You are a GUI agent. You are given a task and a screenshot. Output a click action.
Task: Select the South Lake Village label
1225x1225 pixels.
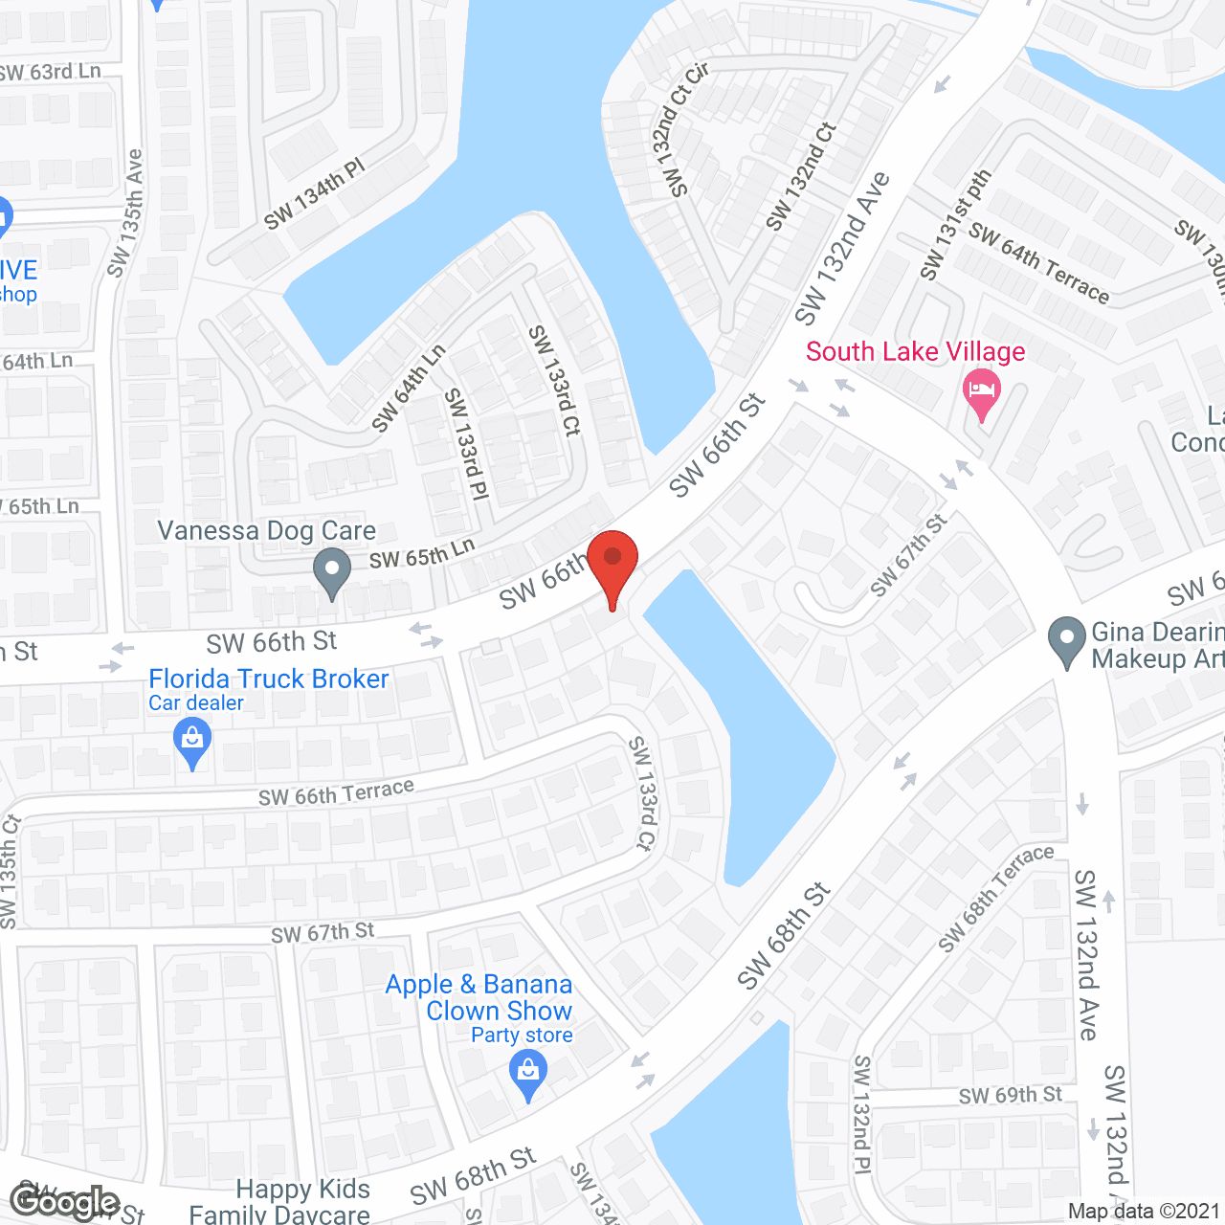(x=915, y=351)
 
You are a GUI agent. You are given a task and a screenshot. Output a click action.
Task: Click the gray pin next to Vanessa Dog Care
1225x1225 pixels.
(x=331, y=571)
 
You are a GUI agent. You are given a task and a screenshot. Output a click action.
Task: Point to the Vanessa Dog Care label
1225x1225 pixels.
(x=266, y=530)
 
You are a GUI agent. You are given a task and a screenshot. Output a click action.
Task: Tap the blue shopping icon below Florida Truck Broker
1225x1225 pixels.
(x=192, y=741)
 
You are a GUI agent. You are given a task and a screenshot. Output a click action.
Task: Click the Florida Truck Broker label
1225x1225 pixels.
(x=268, y=679)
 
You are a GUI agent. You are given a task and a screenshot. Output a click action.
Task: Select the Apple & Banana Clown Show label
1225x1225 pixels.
(x=479, y=997)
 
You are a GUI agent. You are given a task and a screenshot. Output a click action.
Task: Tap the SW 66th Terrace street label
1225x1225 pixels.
(x=336, y=792)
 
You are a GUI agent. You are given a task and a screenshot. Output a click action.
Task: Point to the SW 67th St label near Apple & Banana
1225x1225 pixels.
(x=323, y=933)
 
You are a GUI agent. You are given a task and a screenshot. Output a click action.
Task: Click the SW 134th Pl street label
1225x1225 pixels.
(x=315, y=195)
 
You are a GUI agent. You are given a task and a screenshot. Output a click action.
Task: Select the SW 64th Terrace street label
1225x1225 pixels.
(x=1038, y=262)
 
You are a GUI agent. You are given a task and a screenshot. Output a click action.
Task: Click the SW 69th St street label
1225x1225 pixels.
(x=1010, y=1095)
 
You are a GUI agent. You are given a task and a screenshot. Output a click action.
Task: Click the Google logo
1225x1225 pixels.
(x=64, y=1202)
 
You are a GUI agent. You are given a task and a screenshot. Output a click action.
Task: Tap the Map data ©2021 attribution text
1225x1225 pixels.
(x=1144, y=1212)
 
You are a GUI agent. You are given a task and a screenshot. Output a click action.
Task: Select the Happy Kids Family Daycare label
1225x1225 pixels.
(x=279, y=1202)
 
